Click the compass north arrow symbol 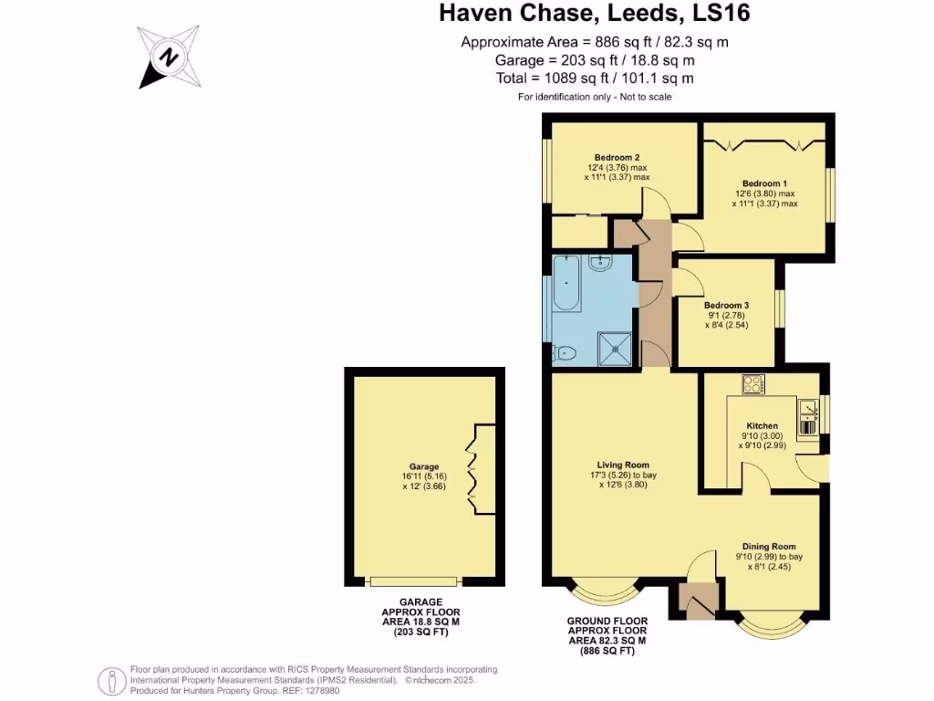[169, 58]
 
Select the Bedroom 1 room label [764, 183]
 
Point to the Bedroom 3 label [726, 305]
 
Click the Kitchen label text [762, 425]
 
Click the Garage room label [424, 466]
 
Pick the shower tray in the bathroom [614, 348]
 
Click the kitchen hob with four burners [754, 384]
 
